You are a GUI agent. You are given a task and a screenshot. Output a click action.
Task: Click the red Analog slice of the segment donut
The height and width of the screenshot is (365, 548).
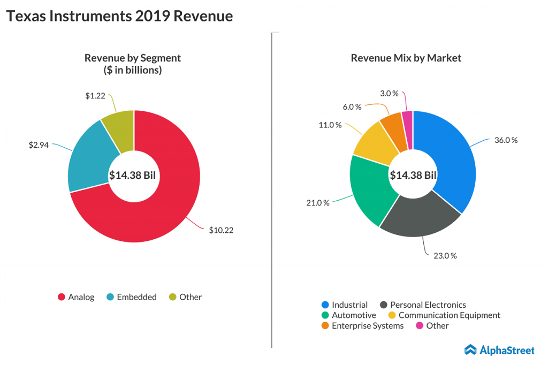(171, 203)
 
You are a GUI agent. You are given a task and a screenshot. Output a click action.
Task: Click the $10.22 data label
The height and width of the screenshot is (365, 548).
(221, 230)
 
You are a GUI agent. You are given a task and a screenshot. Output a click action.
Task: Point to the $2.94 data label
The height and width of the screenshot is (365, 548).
(39, 145)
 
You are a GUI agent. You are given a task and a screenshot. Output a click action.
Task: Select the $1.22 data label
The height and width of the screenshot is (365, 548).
(95, 96)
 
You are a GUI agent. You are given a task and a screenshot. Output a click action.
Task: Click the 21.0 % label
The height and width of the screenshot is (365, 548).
(318, 203)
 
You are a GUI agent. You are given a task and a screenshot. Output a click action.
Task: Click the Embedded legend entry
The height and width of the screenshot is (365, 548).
(132, 297)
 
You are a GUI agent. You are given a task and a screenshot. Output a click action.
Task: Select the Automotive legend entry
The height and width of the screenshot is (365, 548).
(349, 315)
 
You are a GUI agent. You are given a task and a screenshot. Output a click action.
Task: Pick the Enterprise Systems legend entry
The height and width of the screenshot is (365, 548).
(362, 325)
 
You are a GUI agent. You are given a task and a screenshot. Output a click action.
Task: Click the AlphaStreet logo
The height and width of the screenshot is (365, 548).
(499, 350)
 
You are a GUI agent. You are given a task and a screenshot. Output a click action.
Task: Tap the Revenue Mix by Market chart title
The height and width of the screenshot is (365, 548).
(406, 58)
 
